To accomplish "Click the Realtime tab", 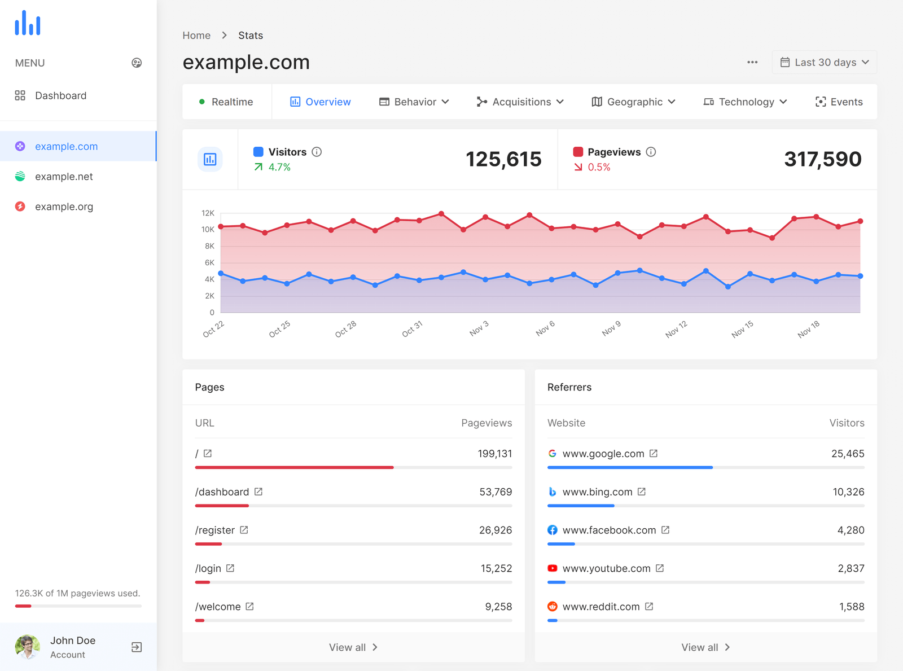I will tap(226, 102).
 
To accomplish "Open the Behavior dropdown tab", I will tap(414, 102).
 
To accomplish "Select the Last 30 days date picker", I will tap(824, 63).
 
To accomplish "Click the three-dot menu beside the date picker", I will tap(752, 63).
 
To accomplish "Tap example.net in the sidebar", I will tap(64, 177).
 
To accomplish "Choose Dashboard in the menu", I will tap(60, 96).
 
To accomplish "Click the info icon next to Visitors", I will tap(317, 152).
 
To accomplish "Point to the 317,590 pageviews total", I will tap(822, 159).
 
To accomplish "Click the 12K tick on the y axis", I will tap(208, 213).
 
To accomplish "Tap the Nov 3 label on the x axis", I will tap(479, 328).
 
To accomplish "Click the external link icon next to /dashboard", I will tap(258, 492).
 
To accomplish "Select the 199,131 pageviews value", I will tap(494, 454).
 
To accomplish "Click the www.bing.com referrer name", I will tap(597, 492).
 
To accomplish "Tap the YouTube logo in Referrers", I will tap(553, 568).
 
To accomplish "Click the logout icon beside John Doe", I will tap(137, 647).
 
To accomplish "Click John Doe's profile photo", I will tap(27, 647).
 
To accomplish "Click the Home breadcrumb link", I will tap(196, 36).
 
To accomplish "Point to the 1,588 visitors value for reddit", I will tap(851, 607).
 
